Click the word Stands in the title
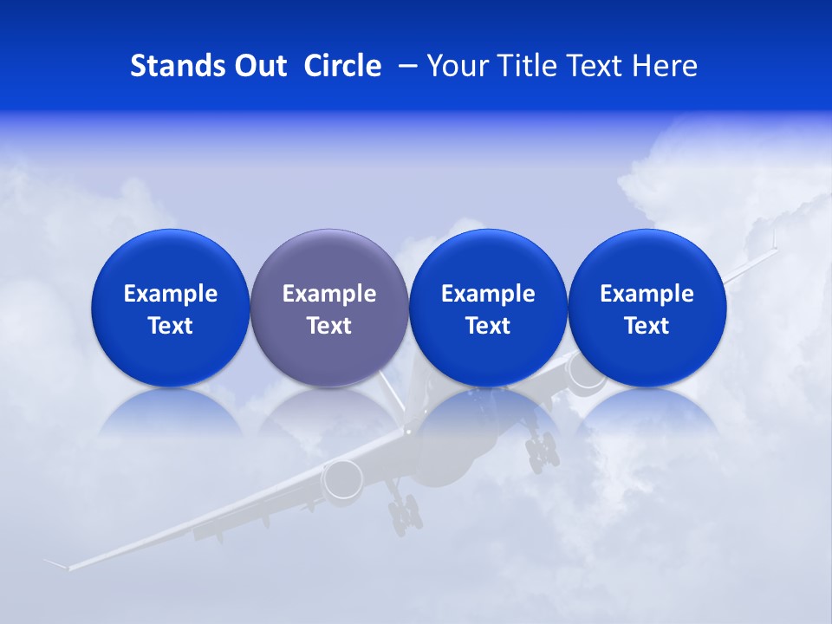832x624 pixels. click(173, 66)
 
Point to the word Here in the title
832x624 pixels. click(666, 66)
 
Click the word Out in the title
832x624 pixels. click(258, 66)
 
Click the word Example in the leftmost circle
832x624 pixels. click(171, 294)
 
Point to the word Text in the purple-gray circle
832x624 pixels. click(329, 326)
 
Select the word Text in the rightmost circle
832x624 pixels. click(647, 326)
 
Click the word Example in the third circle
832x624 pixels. click(488, 294)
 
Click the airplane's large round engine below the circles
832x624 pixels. click(343, 479)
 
